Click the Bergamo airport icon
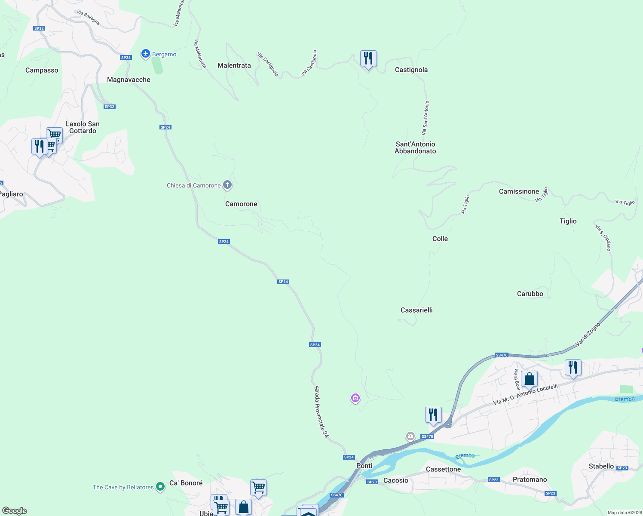coord(146,54)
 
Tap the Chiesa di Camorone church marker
coord(227,185)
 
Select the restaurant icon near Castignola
coord(368,58)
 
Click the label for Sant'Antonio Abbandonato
coord(415,147)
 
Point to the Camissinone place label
coord(519,191)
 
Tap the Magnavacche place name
coord(129,80)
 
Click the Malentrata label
coord(234,65)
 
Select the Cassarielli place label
coord(416,310)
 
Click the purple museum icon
coord(355,399)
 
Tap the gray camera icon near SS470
coord(410,436)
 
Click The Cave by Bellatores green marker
coord(160,487)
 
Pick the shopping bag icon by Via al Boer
coord(530,379)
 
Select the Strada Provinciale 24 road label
coord(321,412)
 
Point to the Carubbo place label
coord(530,294)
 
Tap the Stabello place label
coord(601,466)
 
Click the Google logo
coord(15,511)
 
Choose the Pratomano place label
coord(530,479)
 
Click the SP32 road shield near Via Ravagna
coord(39,28)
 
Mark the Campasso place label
coord(42,70)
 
